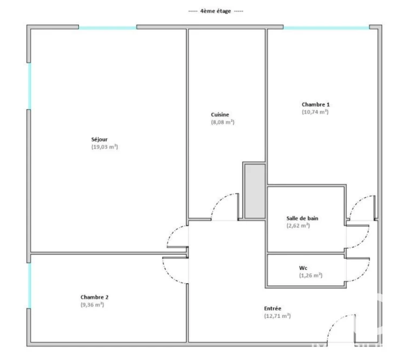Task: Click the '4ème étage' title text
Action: pos(215,11)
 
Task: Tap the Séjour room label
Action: pos(100,139)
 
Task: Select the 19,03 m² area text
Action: pos(104,147)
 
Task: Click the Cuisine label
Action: pos(220,115)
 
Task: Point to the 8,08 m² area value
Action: pos(223,122)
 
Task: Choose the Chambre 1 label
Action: pos(316,104)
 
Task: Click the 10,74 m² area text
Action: pos(315,112)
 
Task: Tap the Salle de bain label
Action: pos(302,218)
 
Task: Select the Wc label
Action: pos(303,268)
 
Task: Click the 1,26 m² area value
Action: pos(310,276)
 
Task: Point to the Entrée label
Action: pos(273,309)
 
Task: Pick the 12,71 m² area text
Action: pos(277,316)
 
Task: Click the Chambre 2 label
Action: pos(94,297)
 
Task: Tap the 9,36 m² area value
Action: pos(92,305)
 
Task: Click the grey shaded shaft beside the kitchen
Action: pos(255,191)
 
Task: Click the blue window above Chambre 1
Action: pos(326,28)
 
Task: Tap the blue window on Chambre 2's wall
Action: pos(29,285)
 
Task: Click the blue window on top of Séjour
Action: pos(108,28)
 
